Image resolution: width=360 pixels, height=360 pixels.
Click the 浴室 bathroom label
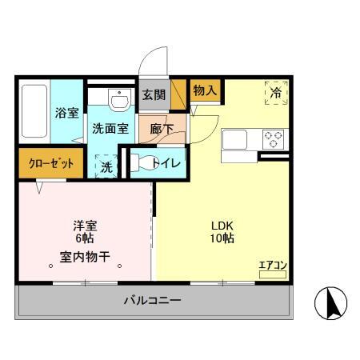pyautogui.click(x=66, y=113)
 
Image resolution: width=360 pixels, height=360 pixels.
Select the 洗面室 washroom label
pyautogui.click(x=110, y=128)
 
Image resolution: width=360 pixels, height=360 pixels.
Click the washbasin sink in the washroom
pyautogui.click(x=118, y=99)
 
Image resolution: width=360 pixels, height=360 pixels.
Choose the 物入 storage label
pyautogui.click(x=205, y=90)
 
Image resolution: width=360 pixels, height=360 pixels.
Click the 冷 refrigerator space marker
pyautogui.click(x=274, y=93)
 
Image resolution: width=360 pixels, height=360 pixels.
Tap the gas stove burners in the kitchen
pyautogui.click(x=274, y=138)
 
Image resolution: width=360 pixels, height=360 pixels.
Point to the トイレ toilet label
pyautogui.click(x=171, y=163)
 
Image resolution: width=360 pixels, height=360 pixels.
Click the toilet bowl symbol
pyautogui.click(x=143, y=163)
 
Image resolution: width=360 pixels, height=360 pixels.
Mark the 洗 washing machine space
pyautogui.click(x=106, y=167)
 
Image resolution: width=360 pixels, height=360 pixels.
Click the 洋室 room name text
pyautogui.click(x=85, y=226)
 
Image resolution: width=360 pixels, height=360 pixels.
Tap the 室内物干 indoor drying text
pyautogui.click(x=85, y=257)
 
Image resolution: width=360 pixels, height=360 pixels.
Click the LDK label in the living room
pyautogui.click(x=221, y=226)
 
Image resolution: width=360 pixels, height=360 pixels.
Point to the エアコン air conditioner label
pyautogui.click(x=272, y=265)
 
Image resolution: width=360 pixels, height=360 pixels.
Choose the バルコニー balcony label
pyautogui.click(x=152, y=301)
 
